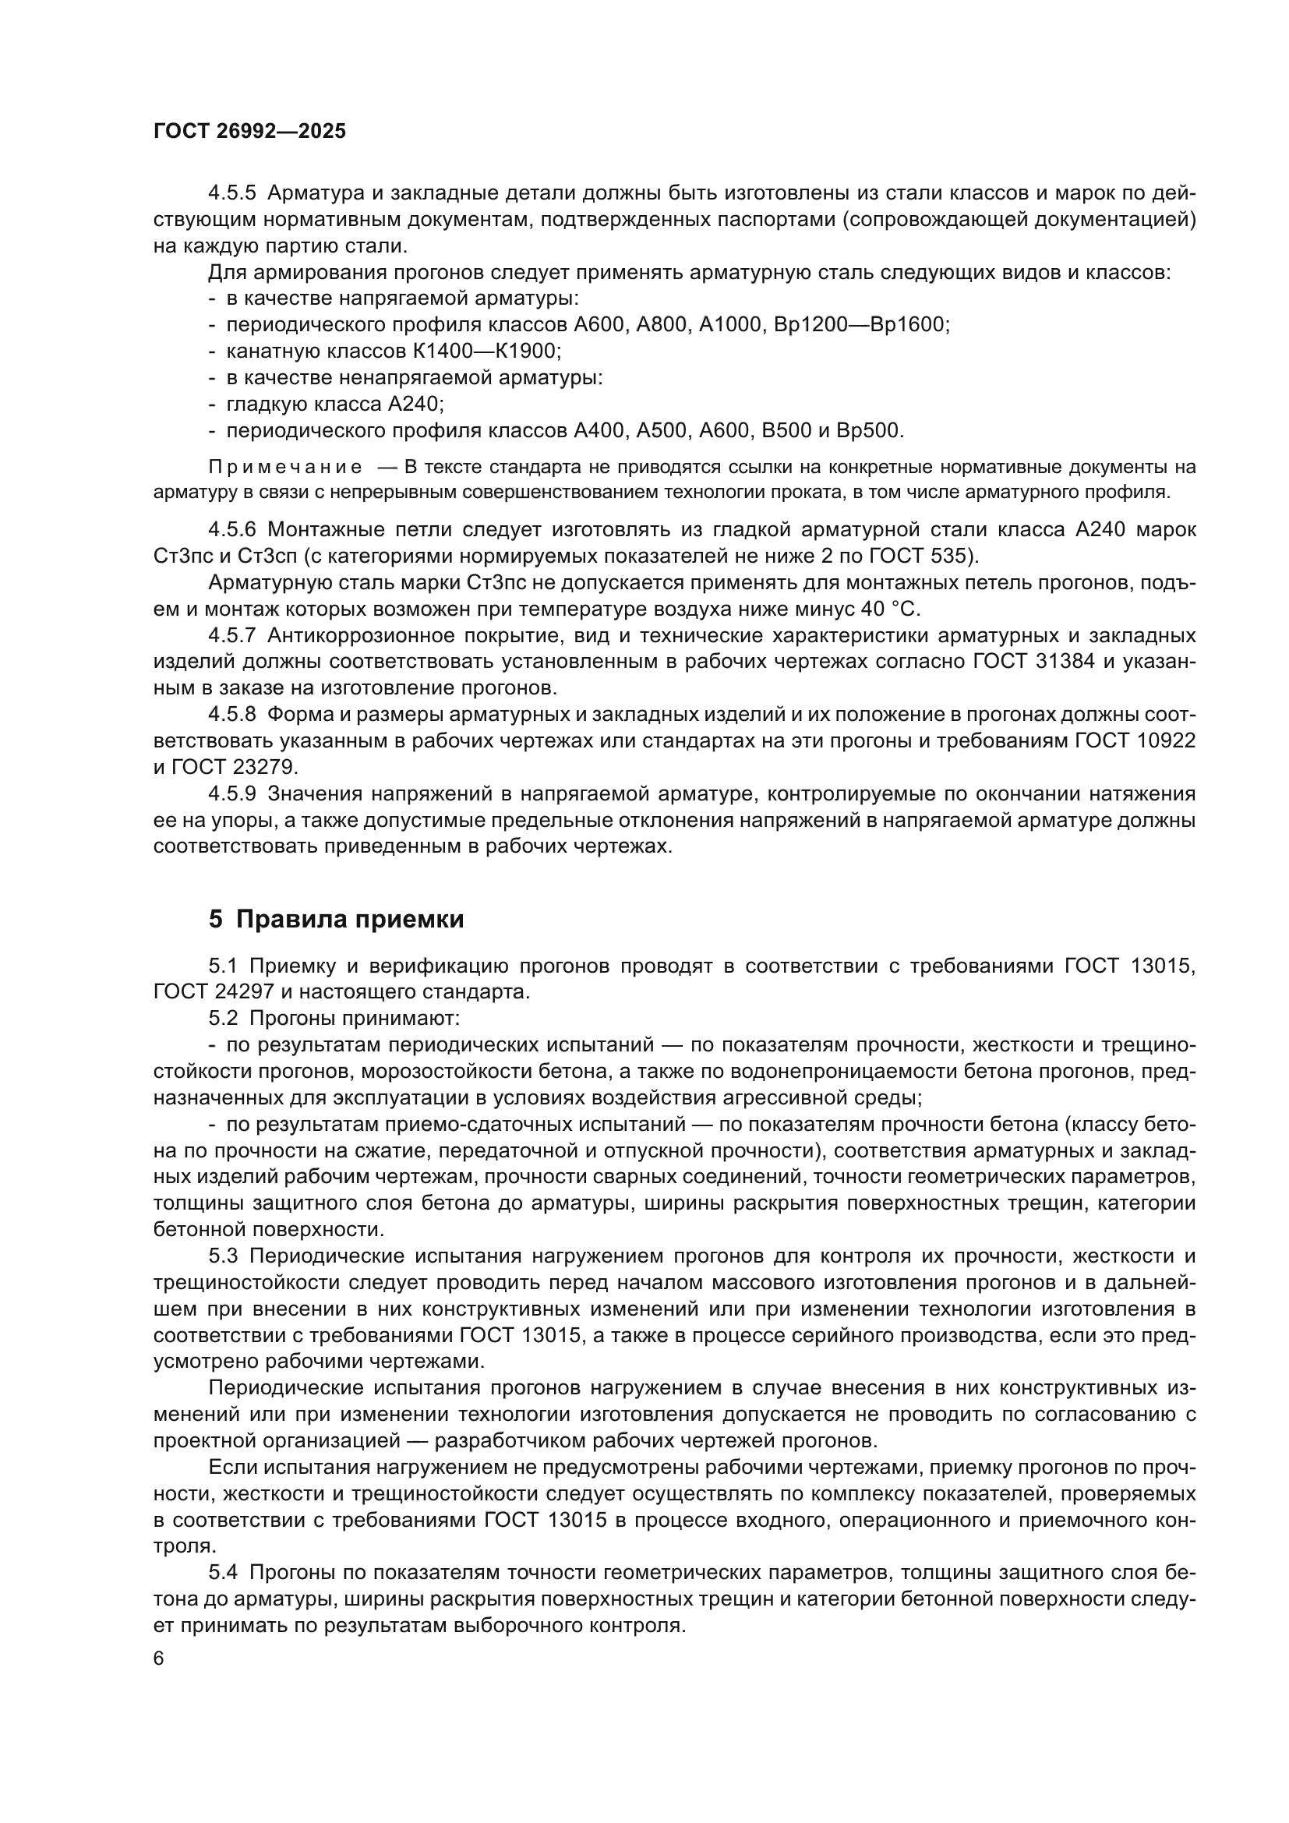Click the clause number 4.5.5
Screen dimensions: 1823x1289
(231, 193)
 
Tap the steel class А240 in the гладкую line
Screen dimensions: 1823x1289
(413, 405)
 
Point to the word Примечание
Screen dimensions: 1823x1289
(285, 467)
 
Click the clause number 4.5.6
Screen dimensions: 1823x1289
(231, 529)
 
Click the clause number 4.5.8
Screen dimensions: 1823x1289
(231, 715)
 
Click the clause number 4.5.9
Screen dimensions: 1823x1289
(231, 794)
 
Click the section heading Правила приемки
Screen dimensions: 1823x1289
(350, 920)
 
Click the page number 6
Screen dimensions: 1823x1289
(159, 1659)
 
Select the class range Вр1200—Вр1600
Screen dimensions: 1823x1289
(860, 325)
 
